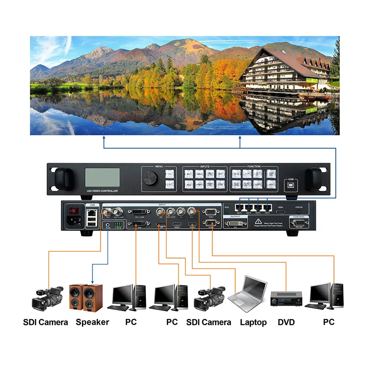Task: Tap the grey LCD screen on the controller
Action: pos(102,178)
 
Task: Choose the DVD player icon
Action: pos(287,300)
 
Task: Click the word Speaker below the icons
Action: pos(92,322)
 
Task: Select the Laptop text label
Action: pos(253,322)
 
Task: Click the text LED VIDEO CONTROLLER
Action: pos(102,190)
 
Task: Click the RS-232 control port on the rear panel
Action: pos(299,223)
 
